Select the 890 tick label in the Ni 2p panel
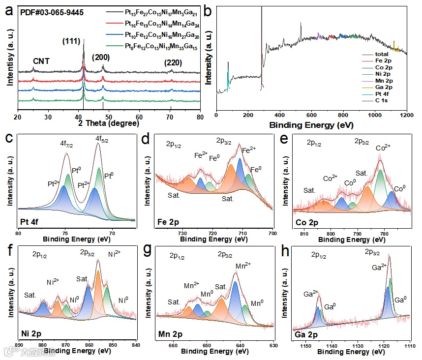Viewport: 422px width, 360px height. coord(19,344)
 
